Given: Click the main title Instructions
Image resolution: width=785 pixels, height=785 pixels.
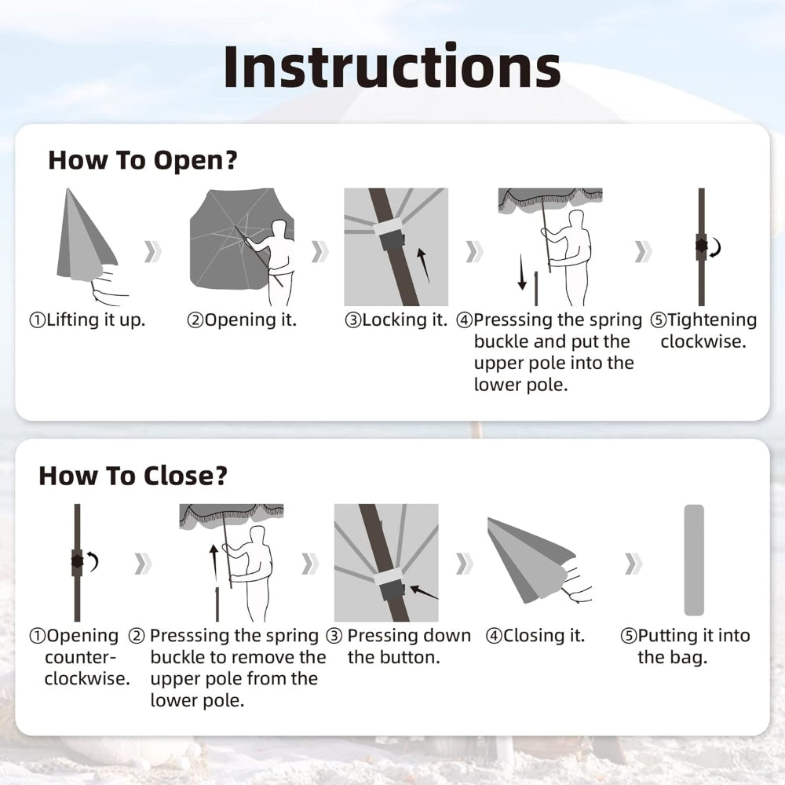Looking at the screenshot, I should (392, 67).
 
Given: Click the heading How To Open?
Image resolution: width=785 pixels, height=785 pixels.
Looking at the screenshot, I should (142, 160).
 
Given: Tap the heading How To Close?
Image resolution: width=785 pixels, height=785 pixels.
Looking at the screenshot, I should (133, 476).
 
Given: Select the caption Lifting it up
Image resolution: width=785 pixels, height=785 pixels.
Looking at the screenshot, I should (87, 320).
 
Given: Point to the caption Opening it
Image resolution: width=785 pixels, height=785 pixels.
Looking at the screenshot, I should (242, 320).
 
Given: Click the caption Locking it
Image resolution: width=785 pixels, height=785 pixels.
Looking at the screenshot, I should (396, 320).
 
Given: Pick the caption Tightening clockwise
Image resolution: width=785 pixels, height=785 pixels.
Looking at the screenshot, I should (703, 330).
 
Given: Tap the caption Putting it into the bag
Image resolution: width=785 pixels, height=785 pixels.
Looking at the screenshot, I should (685, 646).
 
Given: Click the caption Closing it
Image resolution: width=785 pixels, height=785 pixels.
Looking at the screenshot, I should (535, 636).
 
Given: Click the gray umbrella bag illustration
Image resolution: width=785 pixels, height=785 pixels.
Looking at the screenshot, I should (694, 560).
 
